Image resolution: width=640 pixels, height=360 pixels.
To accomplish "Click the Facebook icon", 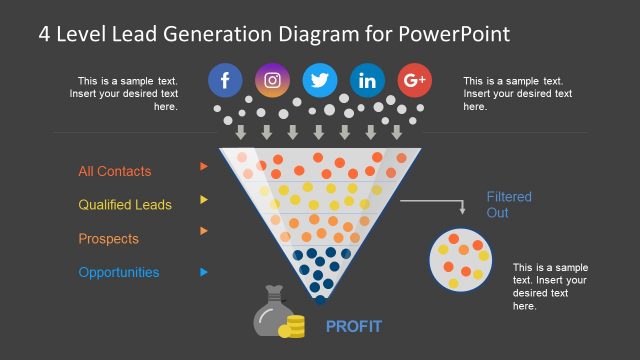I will [225, 80].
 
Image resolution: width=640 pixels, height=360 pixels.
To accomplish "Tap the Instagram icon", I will [272, 80].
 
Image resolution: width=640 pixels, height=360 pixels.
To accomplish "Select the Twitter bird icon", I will [320, 80].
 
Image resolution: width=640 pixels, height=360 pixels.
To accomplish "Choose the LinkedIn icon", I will [367, 80].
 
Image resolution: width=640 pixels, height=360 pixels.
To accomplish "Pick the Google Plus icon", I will [414, 80].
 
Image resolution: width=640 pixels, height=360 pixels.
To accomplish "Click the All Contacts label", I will [115, 171].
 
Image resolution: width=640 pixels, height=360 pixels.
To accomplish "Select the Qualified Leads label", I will [125, 205].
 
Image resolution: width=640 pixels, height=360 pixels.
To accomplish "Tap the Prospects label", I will [108, 239].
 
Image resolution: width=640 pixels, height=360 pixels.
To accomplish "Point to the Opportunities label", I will [118, 272].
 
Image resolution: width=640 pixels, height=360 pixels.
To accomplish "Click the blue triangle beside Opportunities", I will [204, 271].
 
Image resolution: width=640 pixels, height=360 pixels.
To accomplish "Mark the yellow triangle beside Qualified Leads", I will [204, 199].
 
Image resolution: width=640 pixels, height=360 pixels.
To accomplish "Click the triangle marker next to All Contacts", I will [204, 166].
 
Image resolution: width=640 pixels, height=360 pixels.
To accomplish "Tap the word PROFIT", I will [353, 326].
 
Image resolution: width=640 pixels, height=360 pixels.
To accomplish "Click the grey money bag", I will [269, 314].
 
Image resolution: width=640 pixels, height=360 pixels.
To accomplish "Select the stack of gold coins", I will [292, 326].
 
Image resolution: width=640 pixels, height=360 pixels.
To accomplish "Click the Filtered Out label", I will [509, 205].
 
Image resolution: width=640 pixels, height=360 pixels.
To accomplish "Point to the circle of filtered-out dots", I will [461, 259].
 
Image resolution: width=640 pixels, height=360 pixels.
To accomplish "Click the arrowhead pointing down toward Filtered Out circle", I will [462, 210].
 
